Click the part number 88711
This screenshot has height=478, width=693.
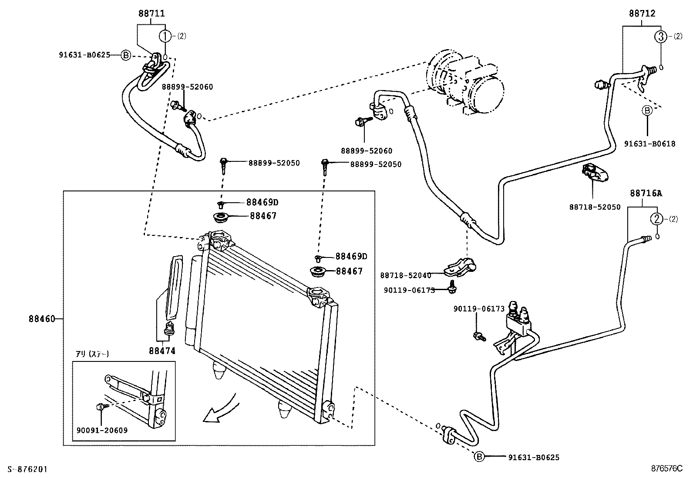tap(151, 13)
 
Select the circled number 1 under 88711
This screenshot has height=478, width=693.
tap(165, 36)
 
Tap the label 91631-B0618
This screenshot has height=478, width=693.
tap(649, 144)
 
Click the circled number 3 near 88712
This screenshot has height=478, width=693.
tap(661, 37)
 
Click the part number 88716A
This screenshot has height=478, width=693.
tap(646, 193)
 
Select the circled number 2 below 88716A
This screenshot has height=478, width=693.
tap(656, 219)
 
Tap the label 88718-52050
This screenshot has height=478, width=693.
tap(595, 207)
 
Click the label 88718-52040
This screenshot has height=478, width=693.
tap(405, 275)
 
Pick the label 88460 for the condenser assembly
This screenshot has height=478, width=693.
tap(42, 319)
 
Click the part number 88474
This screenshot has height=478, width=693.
tap(162, 351)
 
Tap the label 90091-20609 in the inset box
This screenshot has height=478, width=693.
tap(102, 430)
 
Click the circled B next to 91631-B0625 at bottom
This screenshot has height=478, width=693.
tap(478, 457)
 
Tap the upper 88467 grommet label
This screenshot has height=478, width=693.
tap(263, 216)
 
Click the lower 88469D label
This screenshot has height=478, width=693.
tap(351, 257)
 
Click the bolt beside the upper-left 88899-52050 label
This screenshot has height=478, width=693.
tap(223, 165)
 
